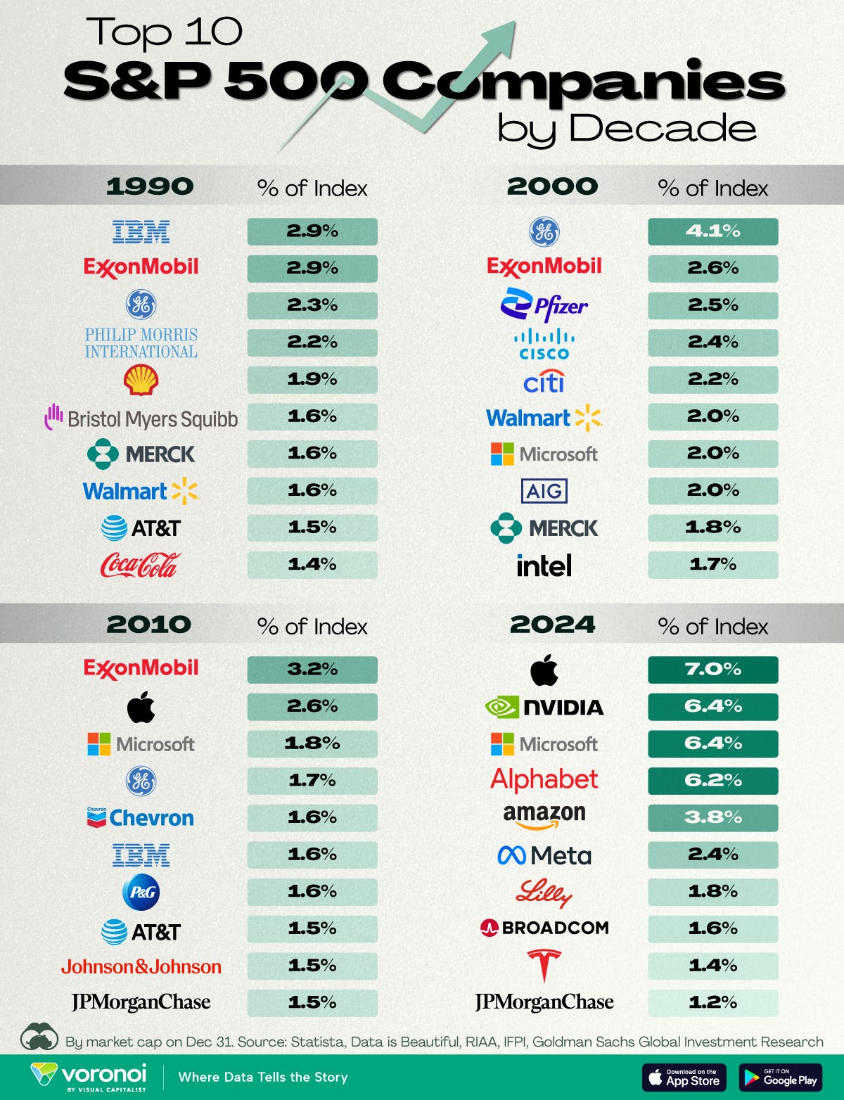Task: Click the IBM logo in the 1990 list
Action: click(141, 231)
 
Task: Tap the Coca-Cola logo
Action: click(141, 565)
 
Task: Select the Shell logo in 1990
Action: click(141, 380)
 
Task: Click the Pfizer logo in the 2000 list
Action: click(544, 305)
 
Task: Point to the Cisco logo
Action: click(544, 344)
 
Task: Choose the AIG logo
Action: click(544, 491)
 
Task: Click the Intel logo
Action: click(544, 565)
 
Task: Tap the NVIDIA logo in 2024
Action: click(544, 707)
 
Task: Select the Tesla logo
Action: click(544, 965)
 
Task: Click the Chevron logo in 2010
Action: click(141, 817)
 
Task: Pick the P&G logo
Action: click(141, 893)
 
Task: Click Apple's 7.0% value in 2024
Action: click(712, 670)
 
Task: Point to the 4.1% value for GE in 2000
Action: click(712, 231)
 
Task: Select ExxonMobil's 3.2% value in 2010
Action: click(312, 670)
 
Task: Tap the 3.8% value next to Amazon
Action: click(712, 817)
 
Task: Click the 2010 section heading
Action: click(148, 625)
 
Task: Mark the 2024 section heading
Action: click(552, 625)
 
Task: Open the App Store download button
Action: click(684, 1077)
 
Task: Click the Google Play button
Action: click(780, 1077)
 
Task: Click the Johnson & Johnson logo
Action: click(141, 967)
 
